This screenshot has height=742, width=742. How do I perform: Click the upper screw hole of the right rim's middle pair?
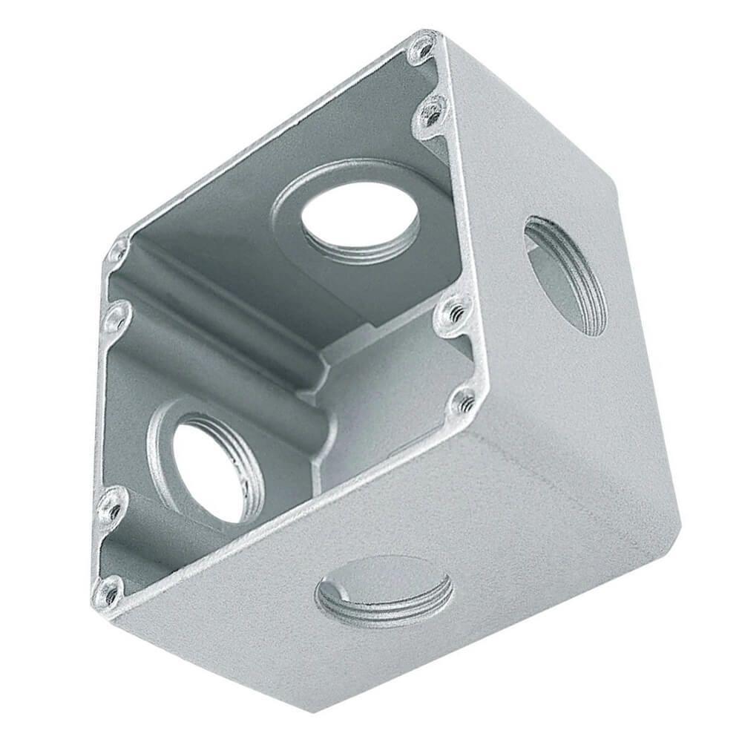(x=454, y=312)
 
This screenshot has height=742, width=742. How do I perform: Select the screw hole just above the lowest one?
(x=112, y=508)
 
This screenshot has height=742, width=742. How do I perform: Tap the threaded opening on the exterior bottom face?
(x=384, y=591)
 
